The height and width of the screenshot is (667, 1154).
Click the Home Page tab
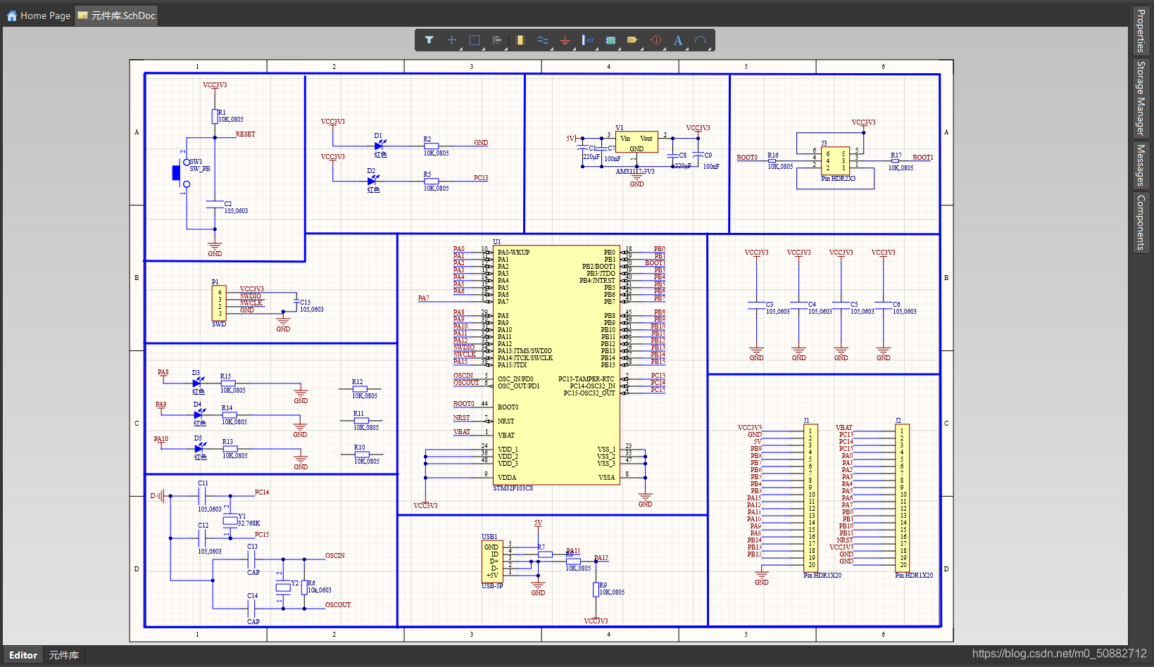coord(39,15)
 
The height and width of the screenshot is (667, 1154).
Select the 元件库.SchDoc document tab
coord(117,15)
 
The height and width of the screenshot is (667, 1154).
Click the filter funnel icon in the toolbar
coord(429,40)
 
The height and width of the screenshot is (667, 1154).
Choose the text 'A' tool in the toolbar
coord(678,40)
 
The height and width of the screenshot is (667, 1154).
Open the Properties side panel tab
coord(1141,30)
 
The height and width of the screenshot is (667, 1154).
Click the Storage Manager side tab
coord(1141,98)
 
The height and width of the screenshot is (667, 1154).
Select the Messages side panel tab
coord(1141,165)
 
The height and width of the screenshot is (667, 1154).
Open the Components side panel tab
coord(1141,222)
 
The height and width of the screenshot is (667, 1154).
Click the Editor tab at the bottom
coord(23,655)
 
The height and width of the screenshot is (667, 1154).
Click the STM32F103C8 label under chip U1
coord(513,488)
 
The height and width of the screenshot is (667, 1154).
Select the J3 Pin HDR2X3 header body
coord(835,160)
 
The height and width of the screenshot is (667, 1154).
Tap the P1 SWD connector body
coord(219,303)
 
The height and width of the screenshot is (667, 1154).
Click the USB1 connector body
coord(491,561)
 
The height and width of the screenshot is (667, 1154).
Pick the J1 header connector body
coord(810,497)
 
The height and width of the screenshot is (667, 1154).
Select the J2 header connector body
coord(902,497)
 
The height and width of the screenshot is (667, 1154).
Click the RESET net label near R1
coord(245,134)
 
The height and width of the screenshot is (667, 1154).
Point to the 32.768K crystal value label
coord(249,523)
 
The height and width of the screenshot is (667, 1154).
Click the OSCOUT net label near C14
coord(338,605)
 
